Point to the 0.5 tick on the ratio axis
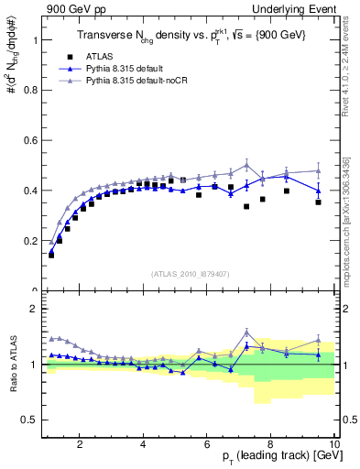(32, 420)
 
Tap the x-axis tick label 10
(333, 445)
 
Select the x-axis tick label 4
(144, 445)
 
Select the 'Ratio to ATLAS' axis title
(13, 365)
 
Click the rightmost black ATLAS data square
(318, 202)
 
